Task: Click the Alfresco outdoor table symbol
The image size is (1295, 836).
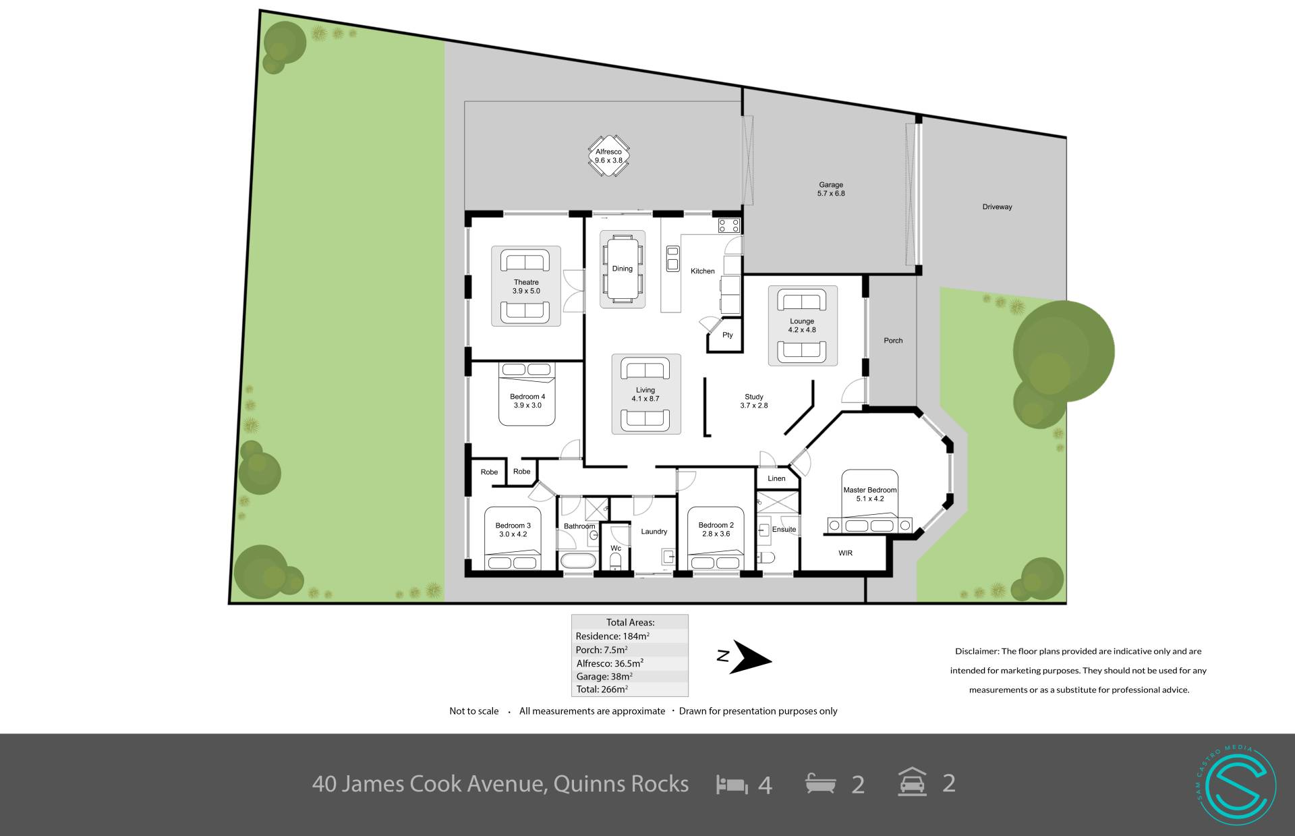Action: (608, 156)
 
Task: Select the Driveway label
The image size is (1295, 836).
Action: (997, 207)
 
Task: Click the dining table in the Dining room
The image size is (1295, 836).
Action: (622, 269)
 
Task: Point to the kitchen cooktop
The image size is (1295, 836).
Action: (728, 225)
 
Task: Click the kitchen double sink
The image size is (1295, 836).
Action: (672, 259)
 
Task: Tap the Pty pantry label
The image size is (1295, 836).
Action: (727, 335)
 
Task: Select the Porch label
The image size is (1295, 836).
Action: (893, 341)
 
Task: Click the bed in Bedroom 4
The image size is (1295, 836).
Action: (527, 394)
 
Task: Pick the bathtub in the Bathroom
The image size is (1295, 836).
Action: (578, 561)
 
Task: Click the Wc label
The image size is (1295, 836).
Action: (615, 548)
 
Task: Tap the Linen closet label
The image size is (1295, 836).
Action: (776, 478)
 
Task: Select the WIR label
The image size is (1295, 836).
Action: (845, 553)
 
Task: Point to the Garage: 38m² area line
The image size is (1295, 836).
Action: (604, 676)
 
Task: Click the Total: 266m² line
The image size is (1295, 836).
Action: (602, 689)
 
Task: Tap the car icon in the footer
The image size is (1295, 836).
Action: (912, 783)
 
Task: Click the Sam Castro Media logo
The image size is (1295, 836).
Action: (1236, 783)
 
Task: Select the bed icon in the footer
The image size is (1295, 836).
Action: (732, 785)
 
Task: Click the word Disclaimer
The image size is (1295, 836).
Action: (976, 651)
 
